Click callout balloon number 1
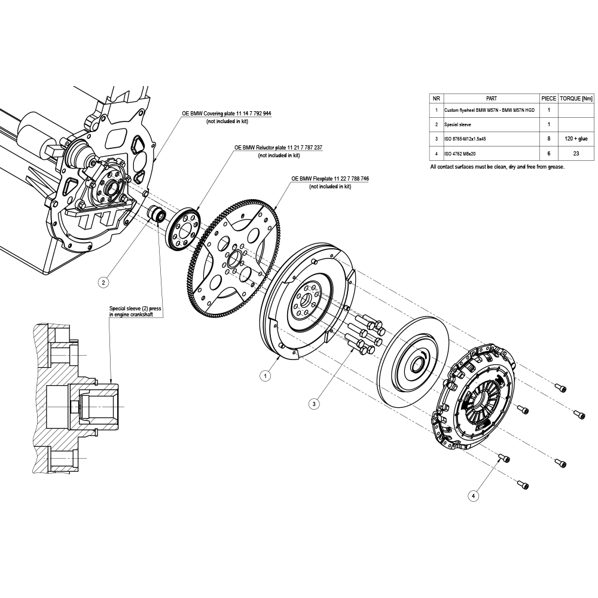(265, 376)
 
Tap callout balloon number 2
(103, 283)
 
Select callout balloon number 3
(314, 404)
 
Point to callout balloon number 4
(473, 496)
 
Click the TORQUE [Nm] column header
(576, 99)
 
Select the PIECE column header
(549, 99)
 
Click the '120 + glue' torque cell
(576, 139)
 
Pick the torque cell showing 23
(576, 154)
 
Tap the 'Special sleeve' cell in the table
(457, 125)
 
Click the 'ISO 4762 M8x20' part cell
(459, 154)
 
